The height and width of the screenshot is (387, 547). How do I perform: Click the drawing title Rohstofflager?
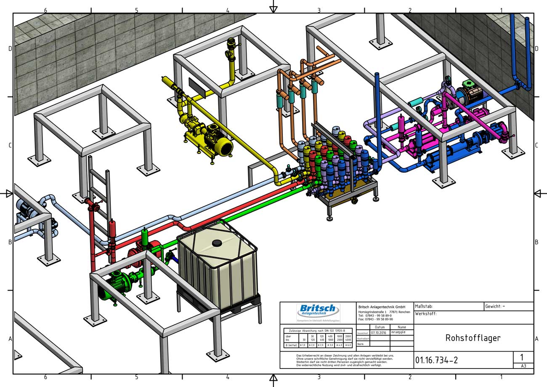click(473, 338)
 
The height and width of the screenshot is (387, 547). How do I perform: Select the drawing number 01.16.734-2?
click(436, 360)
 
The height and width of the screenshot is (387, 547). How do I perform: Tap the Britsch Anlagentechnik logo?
click(318, 312)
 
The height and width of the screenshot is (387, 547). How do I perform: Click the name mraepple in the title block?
click(399, 332)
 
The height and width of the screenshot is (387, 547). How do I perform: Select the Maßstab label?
click(424, 307)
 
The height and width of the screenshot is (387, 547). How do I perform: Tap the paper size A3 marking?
click(523, 366)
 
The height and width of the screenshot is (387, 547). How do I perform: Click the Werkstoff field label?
click(426, 314)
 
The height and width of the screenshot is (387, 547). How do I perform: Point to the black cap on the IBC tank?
click(217, 243)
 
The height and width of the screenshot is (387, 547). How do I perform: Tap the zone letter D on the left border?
click(10, 49)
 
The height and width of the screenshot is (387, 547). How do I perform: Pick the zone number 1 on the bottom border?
click(501, 377)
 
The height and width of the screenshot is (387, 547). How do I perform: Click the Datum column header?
click(380, 327)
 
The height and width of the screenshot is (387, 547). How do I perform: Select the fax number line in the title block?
click(376, 319)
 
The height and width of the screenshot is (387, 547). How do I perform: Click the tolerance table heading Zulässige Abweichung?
click(318, 331)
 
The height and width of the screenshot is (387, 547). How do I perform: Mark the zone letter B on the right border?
click(536, 242)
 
